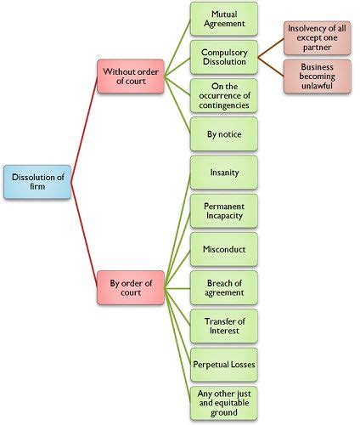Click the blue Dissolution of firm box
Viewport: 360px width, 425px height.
[37, 182]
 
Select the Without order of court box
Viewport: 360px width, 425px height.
[131, 76]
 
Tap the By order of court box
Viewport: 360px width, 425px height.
[131, 287]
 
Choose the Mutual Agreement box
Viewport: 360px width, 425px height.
[224, 19]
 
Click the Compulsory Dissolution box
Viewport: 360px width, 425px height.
[224, 57]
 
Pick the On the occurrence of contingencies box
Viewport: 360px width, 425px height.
[224, 96]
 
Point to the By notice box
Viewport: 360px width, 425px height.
[224, 134]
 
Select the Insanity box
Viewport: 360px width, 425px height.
[224, 173]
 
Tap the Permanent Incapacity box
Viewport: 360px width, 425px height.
[224, 211]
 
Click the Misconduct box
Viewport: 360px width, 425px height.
[224, 249]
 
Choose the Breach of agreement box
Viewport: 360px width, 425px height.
[224, 288]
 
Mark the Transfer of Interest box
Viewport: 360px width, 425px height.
[224, 326]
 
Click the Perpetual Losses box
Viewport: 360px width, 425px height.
[224, 365]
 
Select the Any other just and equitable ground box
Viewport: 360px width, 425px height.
[224, 403]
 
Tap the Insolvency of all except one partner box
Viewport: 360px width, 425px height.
[318, 38]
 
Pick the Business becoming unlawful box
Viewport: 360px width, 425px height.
[318, 76]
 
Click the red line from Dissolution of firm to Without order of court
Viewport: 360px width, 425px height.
[84, 129]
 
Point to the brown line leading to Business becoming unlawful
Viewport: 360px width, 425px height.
[271, 67]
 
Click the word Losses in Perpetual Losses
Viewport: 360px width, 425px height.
[242, 365]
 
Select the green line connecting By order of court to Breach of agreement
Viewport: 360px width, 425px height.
[177, 288]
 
